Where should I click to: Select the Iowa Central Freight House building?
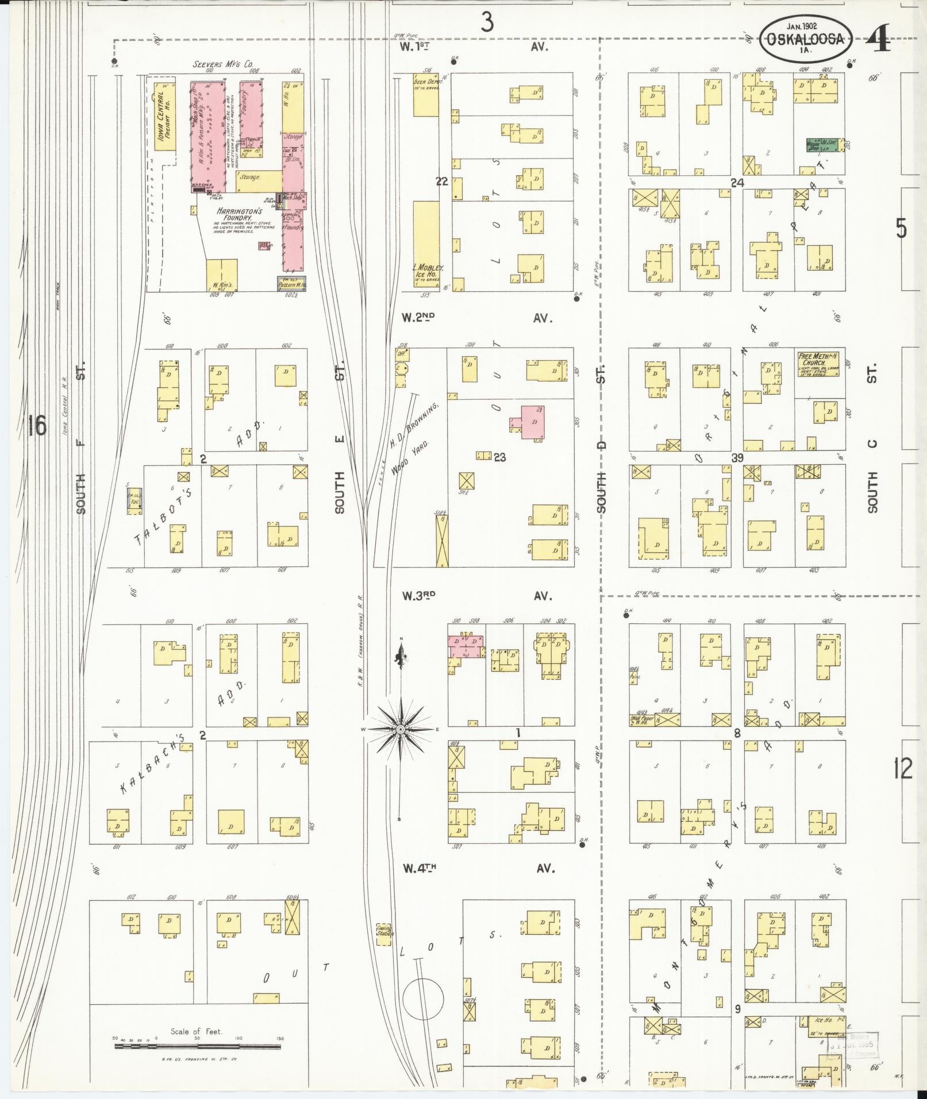164,120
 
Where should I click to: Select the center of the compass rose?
400,730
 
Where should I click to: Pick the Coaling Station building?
384,931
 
